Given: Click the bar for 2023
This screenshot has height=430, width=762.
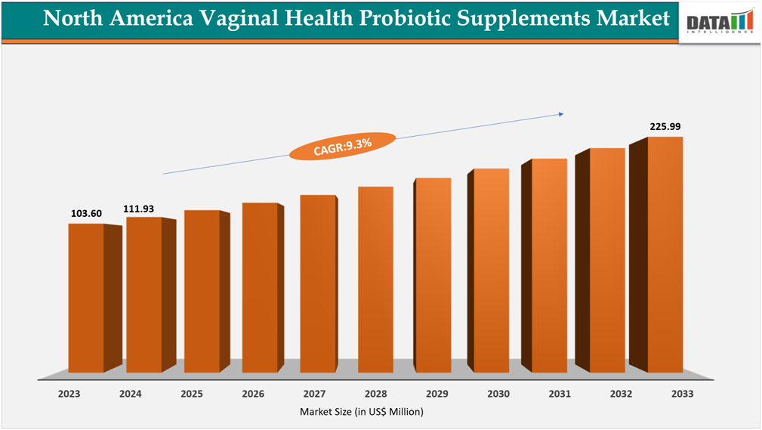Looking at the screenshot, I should pyautogui.click(x=86, y=298).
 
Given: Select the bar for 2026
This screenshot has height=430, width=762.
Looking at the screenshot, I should pyautogui.click(x=260, y=287).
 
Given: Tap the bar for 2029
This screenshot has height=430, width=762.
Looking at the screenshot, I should pyautogui.click(x=433, y=275).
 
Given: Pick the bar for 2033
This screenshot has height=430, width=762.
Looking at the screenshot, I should pyautogui.click(x=665, y=254).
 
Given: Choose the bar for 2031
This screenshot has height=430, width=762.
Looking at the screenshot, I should pyautogui.click(x=549, y=265).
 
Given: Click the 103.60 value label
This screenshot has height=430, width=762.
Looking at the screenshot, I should pyautogui.click(x=86, y=214).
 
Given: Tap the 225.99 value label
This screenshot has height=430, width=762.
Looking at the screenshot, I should pyautogui.click(x=665, y=126).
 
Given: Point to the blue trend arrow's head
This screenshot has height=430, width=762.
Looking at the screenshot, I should pyautogui.click(x=560, y=114).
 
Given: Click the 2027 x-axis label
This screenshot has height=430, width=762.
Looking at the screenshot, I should pyautogui.click(x=315, y=394).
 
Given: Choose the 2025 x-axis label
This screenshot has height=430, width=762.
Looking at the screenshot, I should pyautogui.click(x=193, y=394).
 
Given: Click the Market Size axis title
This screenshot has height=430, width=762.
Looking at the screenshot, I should pyautogui.click(x=362, y=412).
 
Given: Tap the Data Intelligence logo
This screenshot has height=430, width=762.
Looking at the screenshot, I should pyautogui.click(x=719, y=21).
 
